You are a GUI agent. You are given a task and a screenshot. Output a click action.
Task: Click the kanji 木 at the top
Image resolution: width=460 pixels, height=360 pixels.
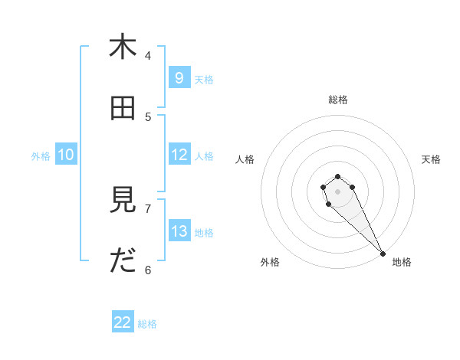pyautogui.click(x=123, y=47)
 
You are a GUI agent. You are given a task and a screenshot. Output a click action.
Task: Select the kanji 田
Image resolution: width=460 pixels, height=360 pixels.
pyautogui.click(x=123, y=108)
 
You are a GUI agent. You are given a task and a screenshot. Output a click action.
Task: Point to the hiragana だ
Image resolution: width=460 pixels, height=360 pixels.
pyautogui.click(x=123, y=261)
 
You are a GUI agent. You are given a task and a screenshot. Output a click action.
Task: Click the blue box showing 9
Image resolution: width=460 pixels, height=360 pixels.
pyautogui.click(x=179, y=77)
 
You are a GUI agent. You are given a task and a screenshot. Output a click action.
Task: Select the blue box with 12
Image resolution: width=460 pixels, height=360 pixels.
pyautogui.click(x=179, y=155)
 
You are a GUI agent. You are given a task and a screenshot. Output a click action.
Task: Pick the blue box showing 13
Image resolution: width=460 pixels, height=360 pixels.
pyautogui.click(x=179, y=231)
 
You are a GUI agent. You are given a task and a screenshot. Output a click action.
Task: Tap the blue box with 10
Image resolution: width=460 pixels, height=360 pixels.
pyautogui.click(x=66, y=155)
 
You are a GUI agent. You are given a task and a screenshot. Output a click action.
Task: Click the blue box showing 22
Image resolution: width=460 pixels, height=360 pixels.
pyautogui.click(x=123, y=322)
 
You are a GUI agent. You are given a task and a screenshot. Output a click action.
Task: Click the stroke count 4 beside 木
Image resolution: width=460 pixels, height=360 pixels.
pyautogui.click(x=148, y=55)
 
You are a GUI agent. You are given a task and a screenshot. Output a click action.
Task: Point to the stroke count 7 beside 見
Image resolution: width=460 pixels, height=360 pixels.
pyautogui.click(x=148, y=208)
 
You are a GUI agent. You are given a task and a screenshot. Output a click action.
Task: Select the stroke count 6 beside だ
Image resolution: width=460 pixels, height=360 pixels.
pyautogui.click(x=148, y=270)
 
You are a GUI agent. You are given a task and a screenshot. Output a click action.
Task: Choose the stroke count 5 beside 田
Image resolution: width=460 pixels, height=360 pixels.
pyautogui.click(x=148, y=116)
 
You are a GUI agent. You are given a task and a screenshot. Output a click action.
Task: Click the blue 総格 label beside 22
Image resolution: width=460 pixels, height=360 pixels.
pyautogui.click(x=147, y=324)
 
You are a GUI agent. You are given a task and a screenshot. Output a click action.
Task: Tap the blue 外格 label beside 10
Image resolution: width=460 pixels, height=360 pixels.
pyautogui.click(x=41, y=156)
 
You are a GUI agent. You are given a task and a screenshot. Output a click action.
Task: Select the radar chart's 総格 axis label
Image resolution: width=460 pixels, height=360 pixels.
pyautogui.click(x=338, y=100)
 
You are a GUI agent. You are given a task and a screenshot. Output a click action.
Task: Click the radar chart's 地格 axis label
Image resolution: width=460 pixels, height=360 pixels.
pyautogui.click(x=402, y=262)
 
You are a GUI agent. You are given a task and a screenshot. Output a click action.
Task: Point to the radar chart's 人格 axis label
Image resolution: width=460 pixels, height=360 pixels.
pyautogui.click(x=245, y=159)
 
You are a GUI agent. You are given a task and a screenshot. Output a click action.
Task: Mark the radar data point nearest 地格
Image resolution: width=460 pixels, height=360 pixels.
pyautogui.click(x=383, y=254)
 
